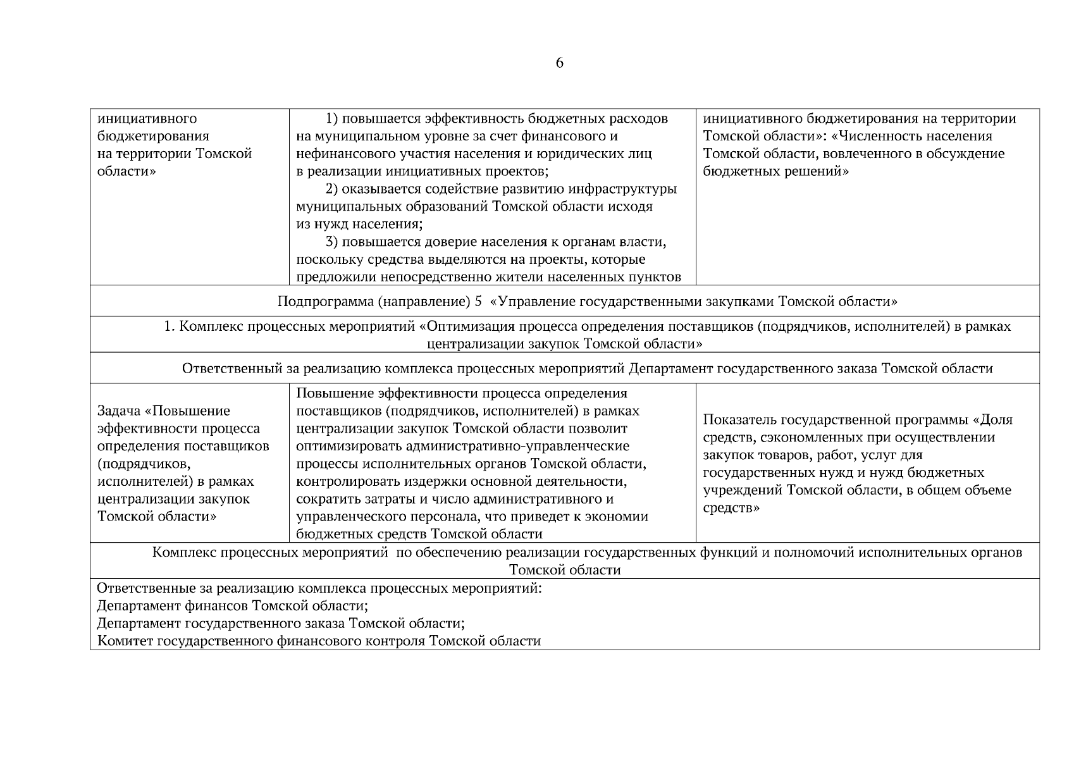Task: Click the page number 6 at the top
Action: click(x=559, y=63)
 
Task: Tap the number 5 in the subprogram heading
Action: click(x=478, y=302)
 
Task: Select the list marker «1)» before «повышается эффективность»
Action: click(x=333, y=119)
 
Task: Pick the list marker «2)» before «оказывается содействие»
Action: click(x=333, y=189)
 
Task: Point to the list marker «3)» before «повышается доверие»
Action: click(x=333, y=242)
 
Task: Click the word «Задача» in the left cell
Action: click(x=119, y=411)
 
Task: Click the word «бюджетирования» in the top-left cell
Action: click(x=153, y=137)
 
